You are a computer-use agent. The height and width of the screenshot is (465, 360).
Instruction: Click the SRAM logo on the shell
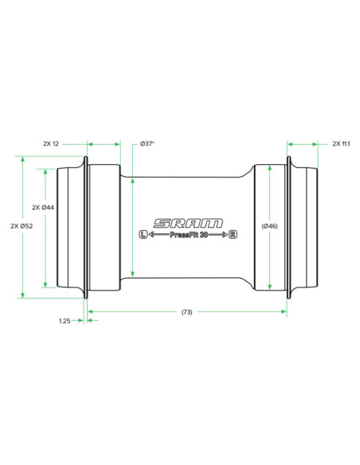click(x=188, y=223)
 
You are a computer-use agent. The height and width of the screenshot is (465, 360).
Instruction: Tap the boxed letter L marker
click(x=143, y=235)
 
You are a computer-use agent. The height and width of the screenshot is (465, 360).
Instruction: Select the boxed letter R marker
click(x=233, y=235)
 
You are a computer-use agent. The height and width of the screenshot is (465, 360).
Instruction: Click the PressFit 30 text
click(x=188, y=235)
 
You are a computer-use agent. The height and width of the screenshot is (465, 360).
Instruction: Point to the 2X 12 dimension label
click(x=51, y=144)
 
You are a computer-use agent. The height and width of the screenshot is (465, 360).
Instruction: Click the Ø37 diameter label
click(x=147, y=144)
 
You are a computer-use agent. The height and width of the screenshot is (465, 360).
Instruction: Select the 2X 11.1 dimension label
click(x=342, y=144)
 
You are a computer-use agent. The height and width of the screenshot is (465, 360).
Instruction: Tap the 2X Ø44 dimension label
click(x=43, y=208)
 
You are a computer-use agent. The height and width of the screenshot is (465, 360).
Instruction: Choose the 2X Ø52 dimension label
click(x=22, y=226)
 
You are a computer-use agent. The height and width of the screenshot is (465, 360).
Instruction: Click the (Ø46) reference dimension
click(x=269, y=226)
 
